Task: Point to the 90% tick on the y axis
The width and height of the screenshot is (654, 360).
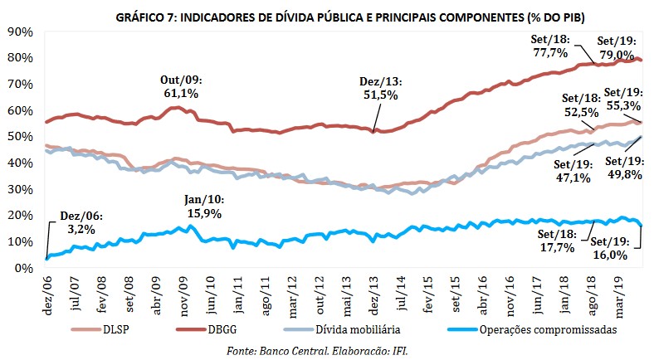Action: [x=17, y=32]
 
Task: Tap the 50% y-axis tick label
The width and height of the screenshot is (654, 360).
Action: [x=17, y=137]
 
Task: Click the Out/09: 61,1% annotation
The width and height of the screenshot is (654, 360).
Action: [x=181, y=87]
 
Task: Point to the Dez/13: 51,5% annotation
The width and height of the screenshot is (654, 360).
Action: [x=378, y=89]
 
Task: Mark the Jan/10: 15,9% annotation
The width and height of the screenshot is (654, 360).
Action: [x=203, y=207]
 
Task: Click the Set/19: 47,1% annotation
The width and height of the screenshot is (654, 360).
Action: [x=573, y=169]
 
